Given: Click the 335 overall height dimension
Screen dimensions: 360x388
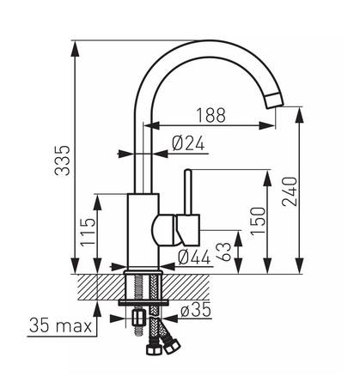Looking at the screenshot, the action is (x=63, y=161).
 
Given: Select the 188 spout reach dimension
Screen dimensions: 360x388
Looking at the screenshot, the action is (x=211, y=115).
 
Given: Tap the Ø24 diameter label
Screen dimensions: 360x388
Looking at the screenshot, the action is (x=188, y=143).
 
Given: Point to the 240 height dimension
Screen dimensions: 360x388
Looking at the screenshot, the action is (x=290, y=191).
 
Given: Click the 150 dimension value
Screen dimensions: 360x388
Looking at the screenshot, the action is (x=258, y=221).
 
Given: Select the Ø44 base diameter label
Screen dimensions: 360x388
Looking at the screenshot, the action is (x=194, y=257).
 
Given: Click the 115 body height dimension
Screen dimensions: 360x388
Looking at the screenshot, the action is (x=88, y=232).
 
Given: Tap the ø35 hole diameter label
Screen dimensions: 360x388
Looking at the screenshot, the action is (x=196, y=310).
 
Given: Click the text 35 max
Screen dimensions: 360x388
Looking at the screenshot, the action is (x=60, y=325).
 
